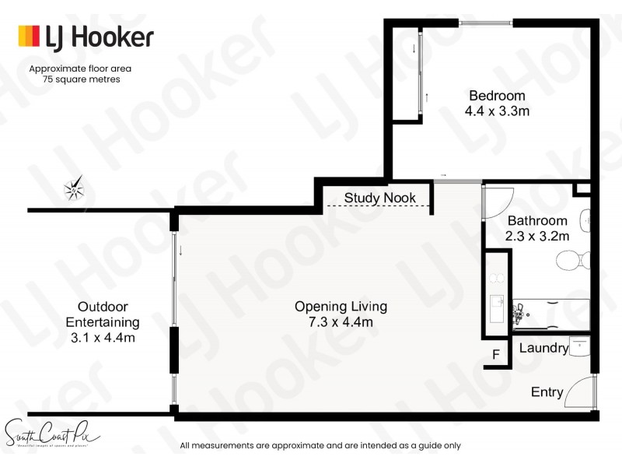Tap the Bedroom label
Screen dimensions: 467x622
[x=497, y=96]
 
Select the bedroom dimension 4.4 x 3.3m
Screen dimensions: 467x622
[x=498, y=111]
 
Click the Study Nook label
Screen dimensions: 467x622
[x=379, y=198]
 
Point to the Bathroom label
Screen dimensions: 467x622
[x=537, y=221]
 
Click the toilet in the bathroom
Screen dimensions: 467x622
[x=573, y=259]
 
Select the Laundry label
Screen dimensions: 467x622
[x=543, y=348]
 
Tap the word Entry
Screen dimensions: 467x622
[x=547, y=392]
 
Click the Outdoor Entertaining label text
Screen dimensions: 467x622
[x=103, y=314]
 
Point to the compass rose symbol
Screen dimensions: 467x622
[x=75, y=188]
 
